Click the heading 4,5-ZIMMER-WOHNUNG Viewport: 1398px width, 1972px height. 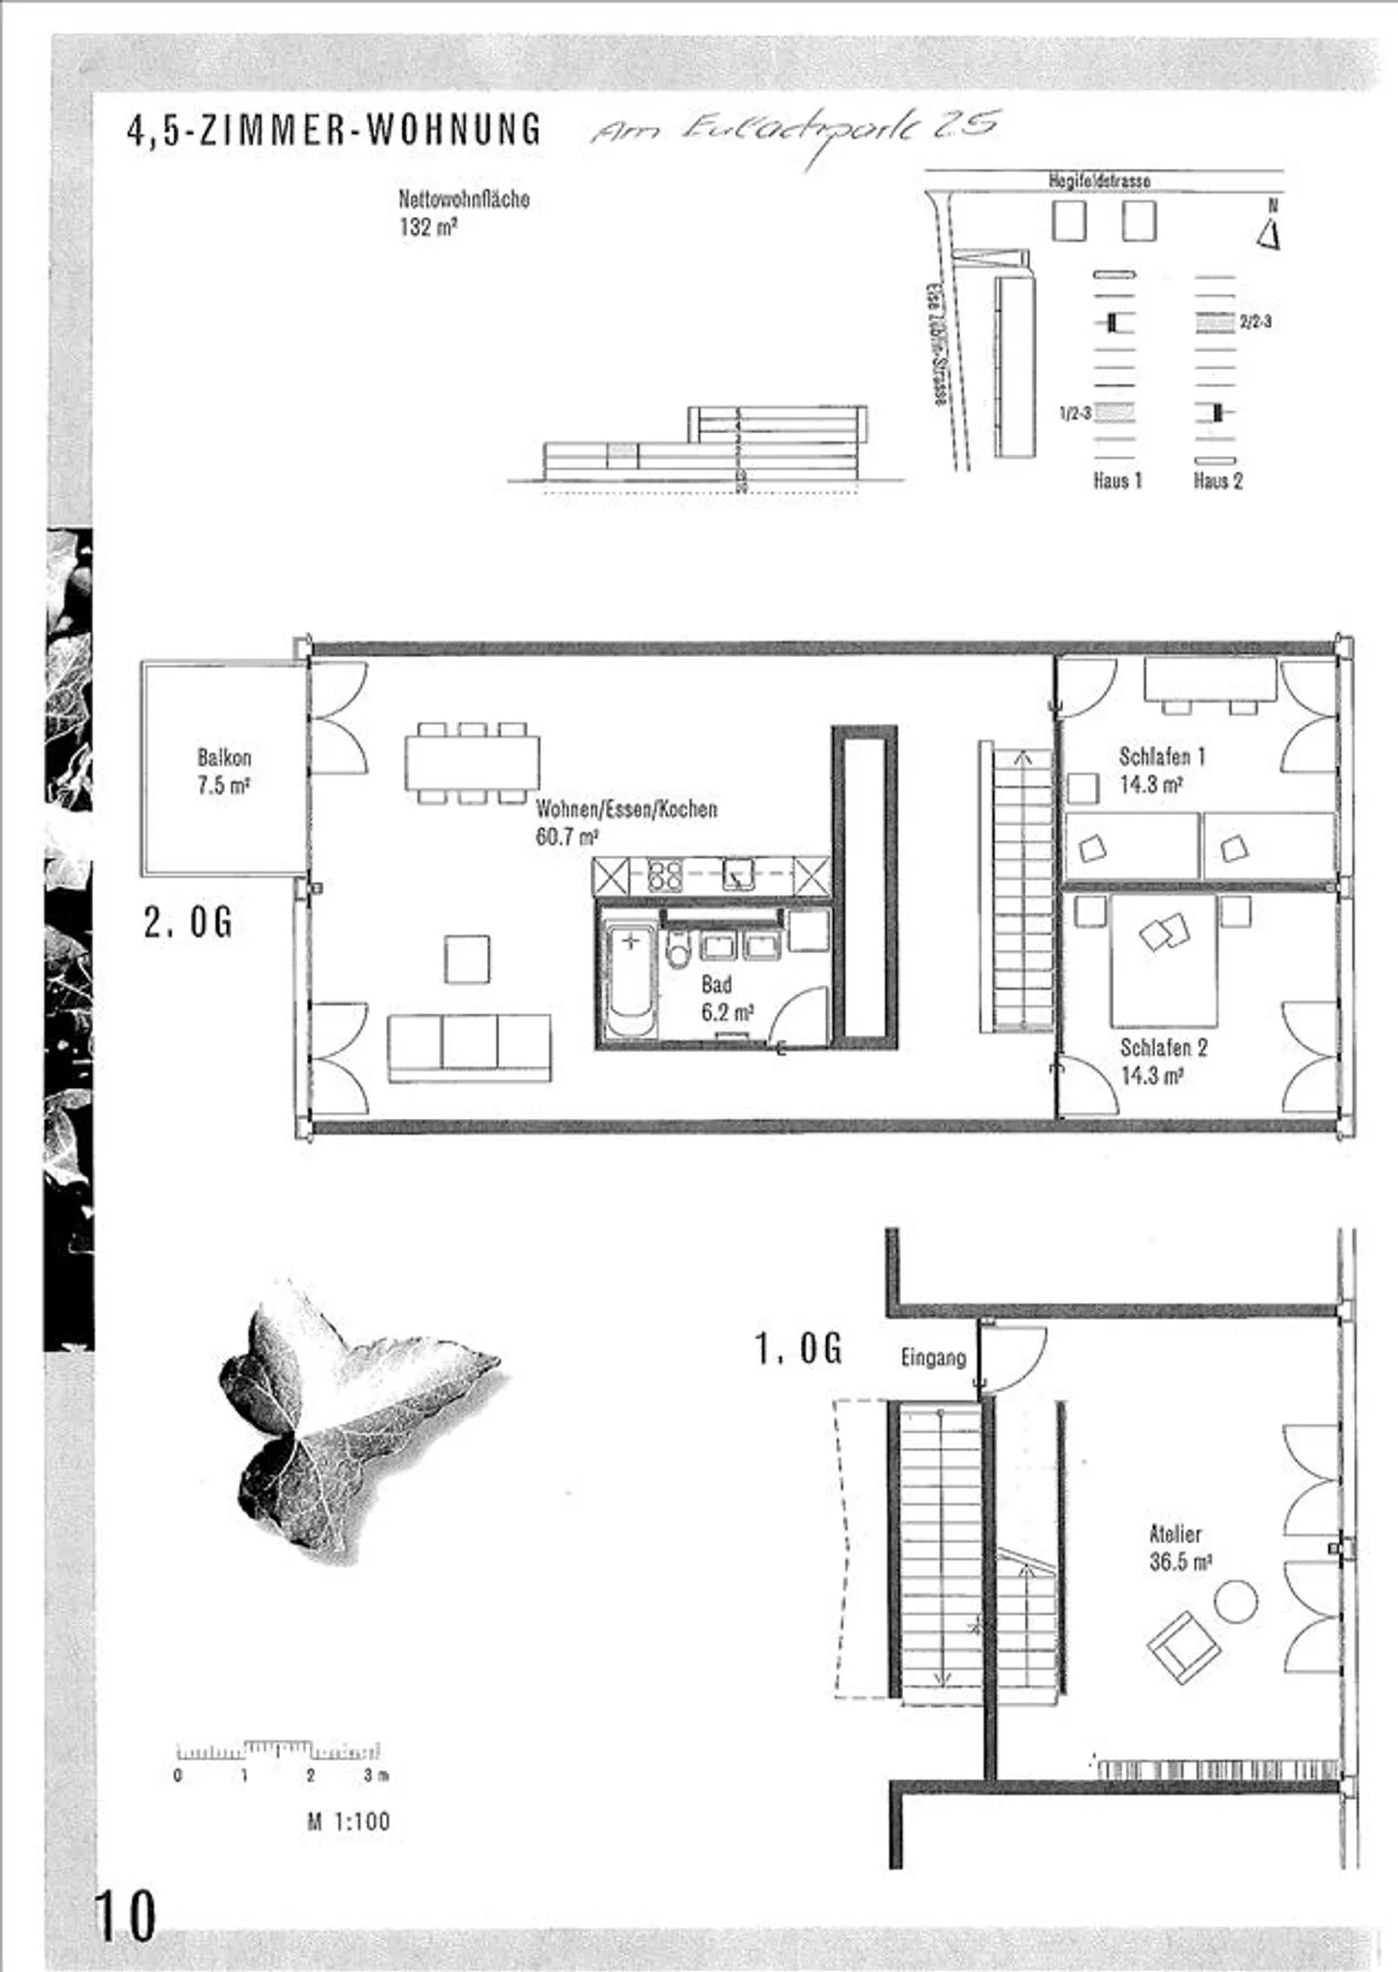coord(333,130)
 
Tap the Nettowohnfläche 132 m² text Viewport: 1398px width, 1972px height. coord(463,213)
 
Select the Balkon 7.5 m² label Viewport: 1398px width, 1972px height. coord(224,771)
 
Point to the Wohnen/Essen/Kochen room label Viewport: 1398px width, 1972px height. coord(626,821)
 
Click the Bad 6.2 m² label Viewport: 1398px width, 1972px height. coord(725,998)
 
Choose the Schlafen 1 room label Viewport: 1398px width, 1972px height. coord(1161,770)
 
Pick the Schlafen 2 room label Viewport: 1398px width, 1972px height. coord(1163,1061)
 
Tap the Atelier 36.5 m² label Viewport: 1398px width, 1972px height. coord(1179,1547)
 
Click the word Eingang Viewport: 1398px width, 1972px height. coord(933,1357)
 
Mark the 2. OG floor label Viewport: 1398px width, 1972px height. coord(188,922)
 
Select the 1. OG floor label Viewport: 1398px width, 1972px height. coord(798,1349)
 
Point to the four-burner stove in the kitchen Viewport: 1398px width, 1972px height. coord(664,876)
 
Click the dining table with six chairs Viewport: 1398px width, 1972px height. coord(472,763)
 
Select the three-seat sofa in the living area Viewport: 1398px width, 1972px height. coord(470,1046)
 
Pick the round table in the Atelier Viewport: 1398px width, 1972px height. coord(1235,1600)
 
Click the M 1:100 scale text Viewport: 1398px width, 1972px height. coord(349,1822)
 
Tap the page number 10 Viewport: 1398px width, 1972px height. coord(124,1916)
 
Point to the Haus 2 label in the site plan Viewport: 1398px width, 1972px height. coord(1217,480)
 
